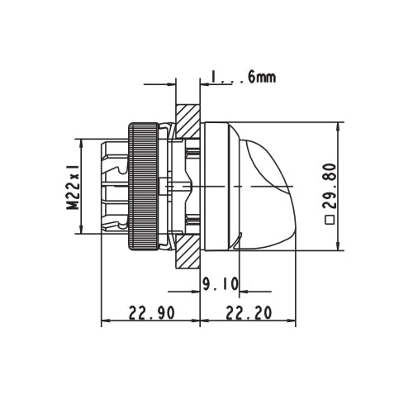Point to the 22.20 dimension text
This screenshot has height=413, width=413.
click(249, 313)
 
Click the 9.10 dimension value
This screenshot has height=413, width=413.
click(221, 284)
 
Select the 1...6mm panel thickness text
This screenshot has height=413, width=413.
click(243, 78)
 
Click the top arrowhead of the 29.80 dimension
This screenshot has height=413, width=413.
click(339, 126)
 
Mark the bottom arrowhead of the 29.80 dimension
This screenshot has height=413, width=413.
click(339, 245)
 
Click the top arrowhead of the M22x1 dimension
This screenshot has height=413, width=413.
click(80, 141)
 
